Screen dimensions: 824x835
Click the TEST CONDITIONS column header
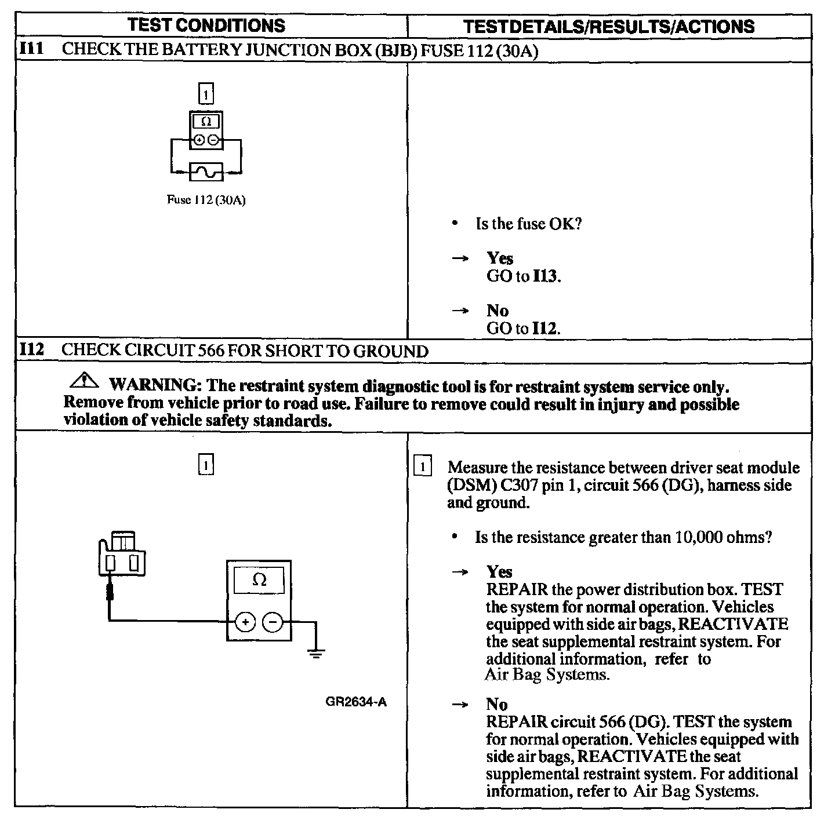coord(206,25)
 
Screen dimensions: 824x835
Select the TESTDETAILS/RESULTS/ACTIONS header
coord(609,26)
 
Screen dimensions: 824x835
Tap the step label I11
coord(31,49)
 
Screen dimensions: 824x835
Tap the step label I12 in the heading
coord(31,350)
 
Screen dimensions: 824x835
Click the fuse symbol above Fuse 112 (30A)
coord(206,172)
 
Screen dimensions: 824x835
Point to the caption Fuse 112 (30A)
coord(206,200)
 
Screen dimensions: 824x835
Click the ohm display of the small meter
coord(206,122)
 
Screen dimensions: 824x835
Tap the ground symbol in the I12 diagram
coord(315,654)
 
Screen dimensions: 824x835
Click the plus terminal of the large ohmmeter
coord(245,622)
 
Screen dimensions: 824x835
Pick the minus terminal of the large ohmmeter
coord(273,622)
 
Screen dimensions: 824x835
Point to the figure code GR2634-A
coord(356,702)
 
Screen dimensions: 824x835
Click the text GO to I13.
coord(524,276)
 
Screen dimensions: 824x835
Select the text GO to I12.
coord(524,329)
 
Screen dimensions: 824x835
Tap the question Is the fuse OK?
coord(528,224)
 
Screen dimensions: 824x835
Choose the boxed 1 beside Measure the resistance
coord(423,467)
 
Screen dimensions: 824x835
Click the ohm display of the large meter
coord(259,580)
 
